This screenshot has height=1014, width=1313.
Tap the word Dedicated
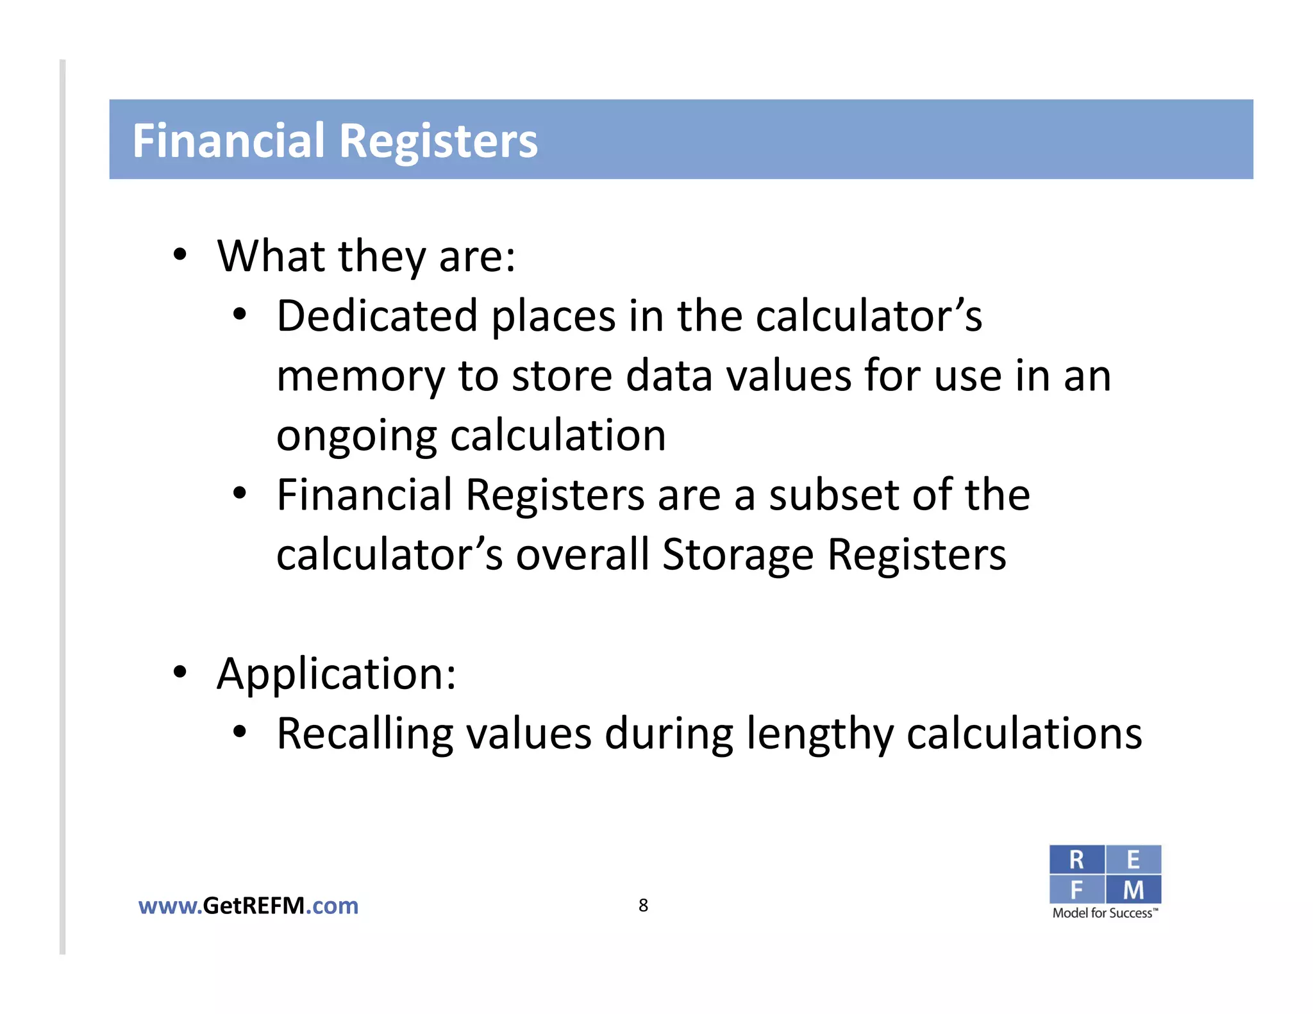pyautogui.click(x=377, y=316)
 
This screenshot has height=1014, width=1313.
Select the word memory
pyautogui.click(x=360, y=376)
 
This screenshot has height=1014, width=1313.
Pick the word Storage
pyautogui.click(x=737, y=554)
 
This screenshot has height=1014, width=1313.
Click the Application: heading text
pyautogui.click(x=337, y=674)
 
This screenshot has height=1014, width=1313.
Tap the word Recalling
pyautogui.click(x=364, y=733)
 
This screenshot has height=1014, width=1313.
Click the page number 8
pyautogui.click(x=643, y=905)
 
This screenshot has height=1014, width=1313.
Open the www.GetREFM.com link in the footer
pyautogui.click(x=248, y=906)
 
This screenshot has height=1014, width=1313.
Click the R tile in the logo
pyautogui.click(x=1076, y=860)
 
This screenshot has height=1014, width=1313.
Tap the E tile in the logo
pyautogui.click(x=1133, y=860)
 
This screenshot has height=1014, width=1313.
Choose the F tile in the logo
pyautogui.click(x=1076, y=890)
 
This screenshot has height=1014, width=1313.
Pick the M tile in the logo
pyautogui.click(x=1133, y=890)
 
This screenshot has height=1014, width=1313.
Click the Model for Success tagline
pyautogui.click(x=1105, y=913)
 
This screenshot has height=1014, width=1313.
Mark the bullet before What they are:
pyautogui.click(x=180, y=255)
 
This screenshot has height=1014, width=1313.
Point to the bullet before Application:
pyautogui.click(x=180, y=672)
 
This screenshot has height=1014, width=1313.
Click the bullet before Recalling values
pyautogui.click(x=240, y=732)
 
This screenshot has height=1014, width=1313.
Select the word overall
pyautogui.click(x=582, y=554)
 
